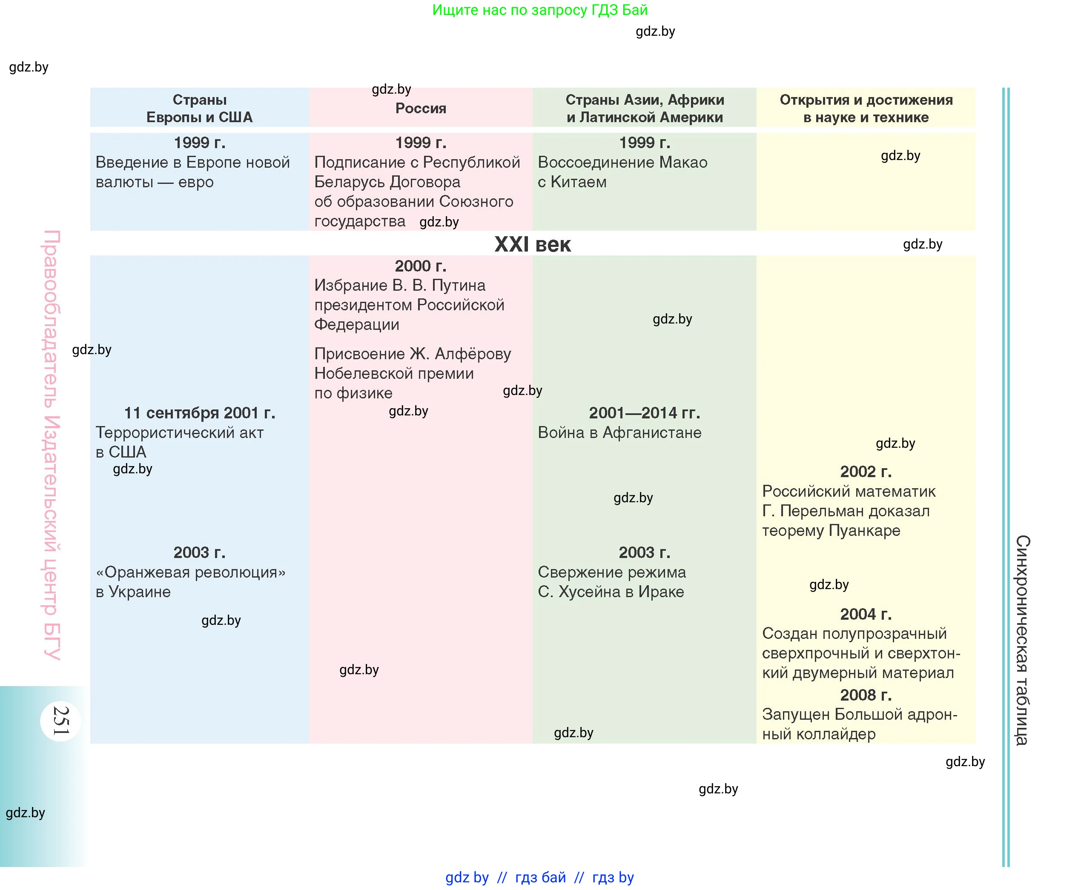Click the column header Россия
[421, 108]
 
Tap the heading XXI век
[532, 245]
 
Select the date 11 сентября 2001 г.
[200, 413]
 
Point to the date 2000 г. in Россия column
[421, 266]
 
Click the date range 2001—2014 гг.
[644, 413]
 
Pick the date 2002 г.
[866, 471]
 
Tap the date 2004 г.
[866, 614]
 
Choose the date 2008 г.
[866, 695]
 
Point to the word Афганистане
[652, 432]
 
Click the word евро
[196, 182]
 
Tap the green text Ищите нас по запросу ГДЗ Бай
[539, 10]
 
